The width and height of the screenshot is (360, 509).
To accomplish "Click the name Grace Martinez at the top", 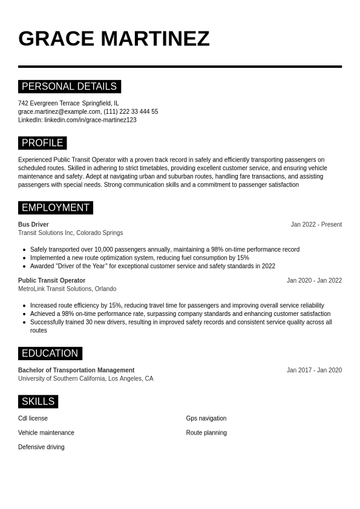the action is [x=114, y=39].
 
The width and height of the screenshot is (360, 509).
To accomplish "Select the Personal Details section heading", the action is [x=69, y=87].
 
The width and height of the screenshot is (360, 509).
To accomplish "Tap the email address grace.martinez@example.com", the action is [x=59, y=111].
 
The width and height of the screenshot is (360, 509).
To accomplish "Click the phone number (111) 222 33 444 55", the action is [x=131, y=111].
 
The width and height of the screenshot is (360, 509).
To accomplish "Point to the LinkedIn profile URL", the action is [x=90, y=120].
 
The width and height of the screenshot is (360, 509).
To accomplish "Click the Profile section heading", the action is [x=42, y=143].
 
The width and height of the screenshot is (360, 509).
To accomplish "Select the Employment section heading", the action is [x=55, y=208].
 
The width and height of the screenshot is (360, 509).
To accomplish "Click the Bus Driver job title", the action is [x=33, y=225].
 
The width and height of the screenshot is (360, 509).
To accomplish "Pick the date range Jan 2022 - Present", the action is [x=316, y=225].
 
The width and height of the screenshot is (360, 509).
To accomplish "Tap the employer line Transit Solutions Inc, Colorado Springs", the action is [x=70, y=233].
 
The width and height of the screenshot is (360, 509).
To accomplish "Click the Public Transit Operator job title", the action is [x=51, y=281].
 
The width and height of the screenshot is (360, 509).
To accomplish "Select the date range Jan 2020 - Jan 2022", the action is [x=314, y=281].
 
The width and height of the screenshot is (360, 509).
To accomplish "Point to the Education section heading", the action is [x=50, y=353].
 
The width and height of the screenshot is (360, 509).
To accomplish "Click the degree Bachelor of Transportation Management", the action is [x=76, y=370].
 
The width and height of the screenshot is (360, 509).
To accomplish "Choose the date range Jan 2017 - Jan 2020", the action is [x=314, y=370].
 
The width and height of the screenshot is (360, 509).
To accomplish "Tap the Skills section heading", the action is [x=38, y=401].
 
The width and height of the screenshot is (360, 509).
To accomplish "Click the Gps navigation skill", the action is [x=206, y=418].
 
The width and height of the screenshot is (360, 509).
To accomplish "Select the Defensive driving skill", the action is [x=41, y=447].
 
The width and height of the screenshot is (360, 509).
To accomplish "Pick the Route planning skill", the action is [x=206, y=433].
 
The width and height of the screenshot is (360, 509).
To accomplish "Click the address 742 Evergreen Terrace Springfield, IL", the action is [x=68, y=103].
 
